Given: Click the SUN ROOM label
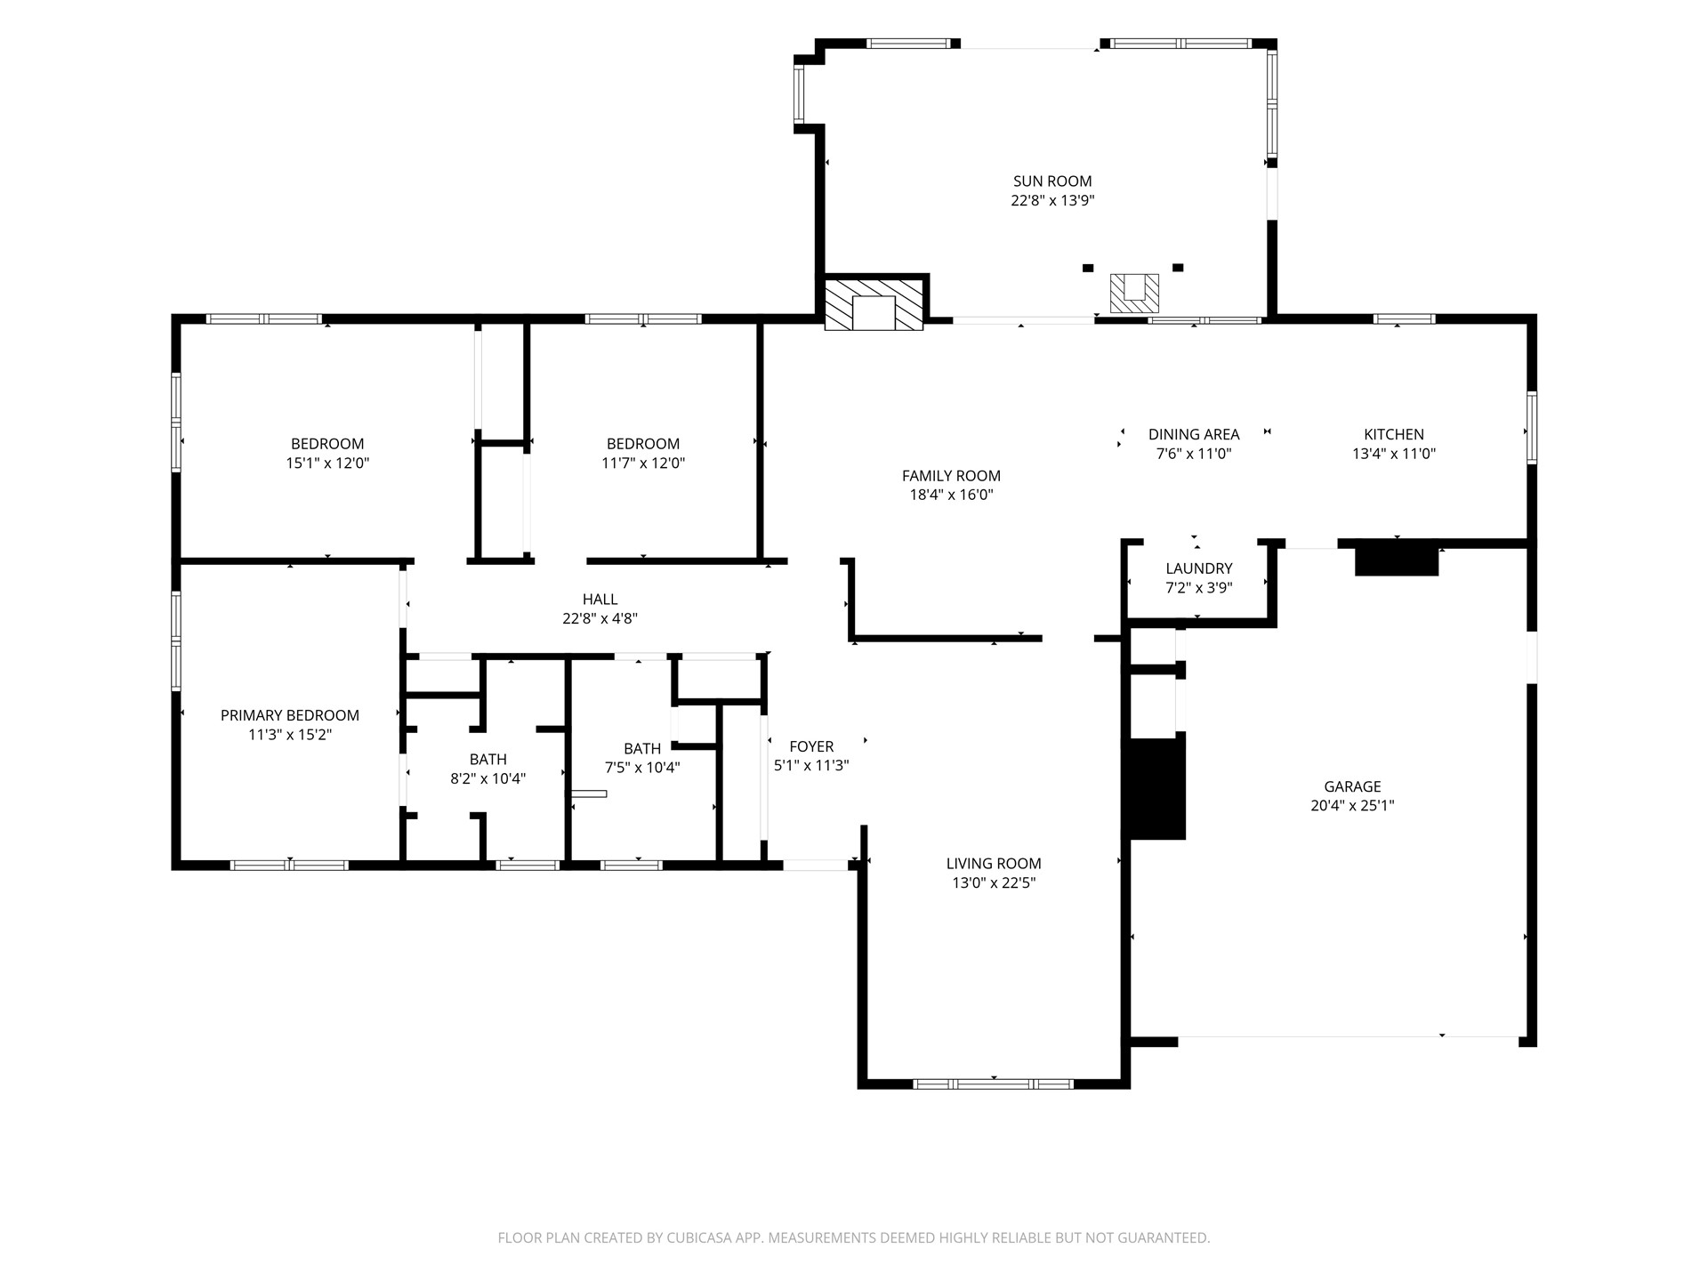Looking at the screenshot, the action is tap(1052, 181).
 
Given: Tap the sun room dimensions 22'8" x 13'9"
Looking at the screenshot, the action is tap(1052, 201).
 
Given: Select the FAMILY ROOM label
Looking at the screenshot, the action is tap(951, 476).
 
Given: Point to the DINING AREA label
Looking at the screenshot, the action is tap(1194, 434).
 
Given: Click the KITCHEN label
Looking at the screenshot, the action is tap(1394, 434).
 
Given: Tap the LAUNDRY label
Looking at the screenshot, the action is tap(1199, 568).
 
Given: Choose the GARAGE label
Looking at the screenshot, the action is tap(1352, 786).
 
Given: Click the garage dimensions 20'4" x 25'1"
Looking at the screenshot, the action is tap(1352, 806).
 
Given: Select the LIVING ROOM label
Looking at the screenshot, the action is tap(994, 863).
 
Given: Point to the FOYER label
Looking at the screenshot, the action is tap(811, 746).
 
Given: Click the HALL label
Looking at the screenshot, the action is tap(600, 600).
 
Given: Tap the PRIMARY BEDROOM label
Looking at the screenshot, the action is tap(290, 715).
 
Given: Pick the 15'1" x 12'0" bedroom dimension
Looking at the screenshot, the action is tap(327, 463).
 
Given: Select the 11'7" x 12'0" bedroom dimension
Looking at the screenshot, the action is tap(643, 463).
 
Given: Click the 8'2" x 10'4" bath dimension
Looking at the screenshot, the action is tap(488, 779).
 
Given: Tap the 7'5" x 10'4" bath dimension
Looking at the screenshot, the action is tap(642, 768).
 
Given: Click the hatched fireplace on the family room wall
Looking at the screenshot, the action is tap(874, 305).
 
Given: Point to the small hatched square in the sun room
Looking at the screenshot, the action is tap(1134, 294).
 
